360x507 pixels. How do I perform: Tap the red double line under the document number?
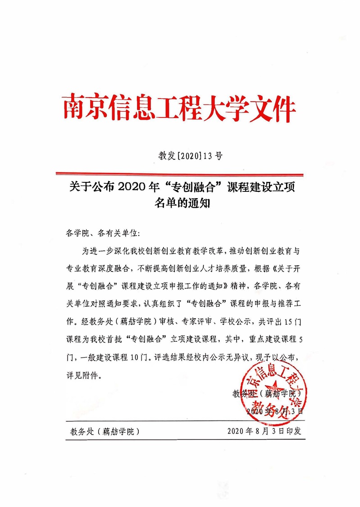[179, 174]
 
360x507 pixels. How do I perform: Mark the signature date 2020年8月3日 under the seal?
[275, 411]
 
